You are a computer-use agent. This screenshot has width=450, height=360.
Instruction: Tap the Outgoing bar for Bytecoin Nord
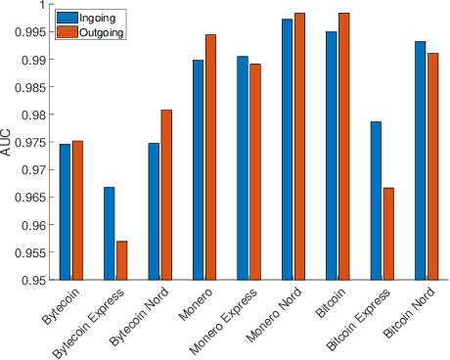click(x=165, y=195)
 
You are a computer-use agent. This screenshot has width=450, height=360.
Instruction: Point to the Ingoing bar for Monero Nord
click(x=287, y=149)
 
